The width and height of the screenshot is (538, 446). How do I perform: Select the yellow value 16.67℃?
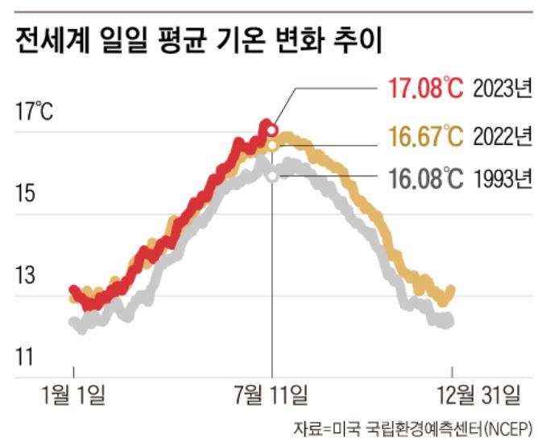point(426,136)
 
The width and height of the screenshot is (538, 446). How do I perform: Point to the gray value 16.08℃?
point(426,178)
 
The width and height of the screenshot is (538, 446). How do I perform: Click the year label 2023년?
point(503,88)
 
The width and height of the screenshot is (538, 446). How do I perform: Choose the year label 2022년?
point(503,136)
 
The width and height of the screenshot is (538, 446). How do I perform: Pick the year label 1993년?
point(503,178)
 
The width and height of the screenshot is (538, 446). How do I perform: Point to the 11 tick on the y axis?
point(27,355)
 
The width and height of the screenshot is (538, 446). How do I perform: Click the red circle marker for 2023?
point(272,129)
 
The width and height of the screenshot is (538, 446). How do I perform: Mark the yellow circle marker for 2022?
point(272,145)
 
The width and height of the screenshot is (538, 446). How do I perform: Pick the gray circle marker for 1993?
point(272,176)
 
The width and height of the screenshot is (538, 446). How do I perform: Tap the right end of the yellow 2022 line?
point(451,289)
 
